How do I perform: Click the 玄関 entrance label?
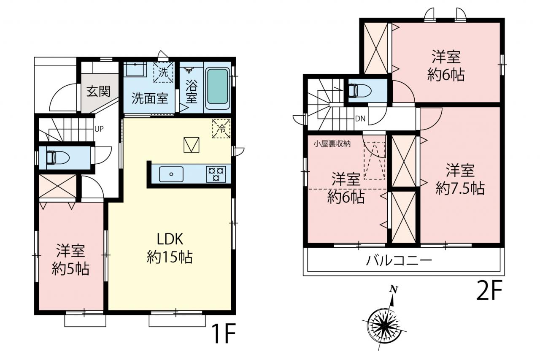(98, 92)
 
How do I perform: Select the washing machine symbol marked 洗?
(163, 72)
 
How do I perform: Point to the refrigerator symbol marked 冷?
(221, 129)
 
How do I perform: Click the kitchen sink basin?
(171, 174)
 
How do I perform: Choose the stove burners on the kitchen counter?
(216, 174)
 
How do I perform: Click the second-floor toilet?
(360, 91)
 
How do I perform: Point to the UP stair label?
(99, 129)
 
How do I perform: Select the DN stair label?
(360, 119)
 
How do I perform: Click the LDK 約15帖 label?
(170, 248)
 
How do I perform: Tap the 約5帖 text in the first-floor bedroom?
(70, 269)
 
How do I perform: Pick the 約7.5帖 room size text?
(460, 188)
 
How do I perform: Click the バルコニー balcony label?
(399, 261)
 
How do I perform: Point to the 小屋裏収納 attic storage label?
(332, 144)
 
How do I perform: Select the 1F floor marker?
(223, 334)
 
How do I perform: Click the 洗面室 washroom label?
(150, 98)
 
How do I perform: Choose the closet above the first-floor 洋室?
(58, 187)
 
